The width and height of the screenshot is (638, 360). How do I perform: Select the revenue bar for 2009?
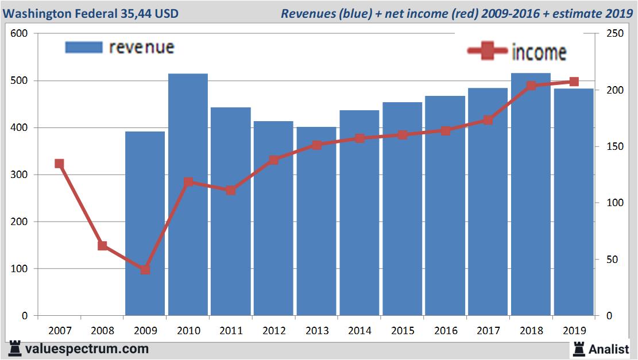(145, 223)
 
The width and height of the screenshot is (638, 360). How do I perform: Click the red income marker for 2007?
(59, 164)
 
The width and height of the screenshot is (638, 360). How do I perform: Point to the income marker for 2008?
(102, 246)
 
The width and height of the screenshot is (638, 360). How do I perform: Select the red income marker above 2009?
(145, 269)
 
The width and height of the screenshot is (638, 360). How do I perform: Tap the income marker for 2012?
(274, 160)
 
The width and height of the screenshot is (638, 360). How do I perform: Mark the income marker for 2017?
(488, 120)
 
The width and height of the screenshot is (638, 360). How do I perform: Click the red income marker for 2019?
(574, 82)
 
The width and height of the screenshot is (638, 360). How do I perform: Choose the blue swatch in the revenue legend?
(84, 47)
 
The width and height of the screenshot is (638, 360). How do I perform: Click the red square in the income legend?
(488, 52)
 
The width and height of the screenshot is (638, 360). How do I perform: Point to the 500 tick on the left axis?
(20, 80)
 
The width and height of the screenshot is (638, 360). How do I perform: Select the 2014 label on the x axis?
(359, 331)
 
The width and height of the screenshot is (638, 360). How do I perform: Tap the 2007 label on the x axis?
(59, 331)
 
